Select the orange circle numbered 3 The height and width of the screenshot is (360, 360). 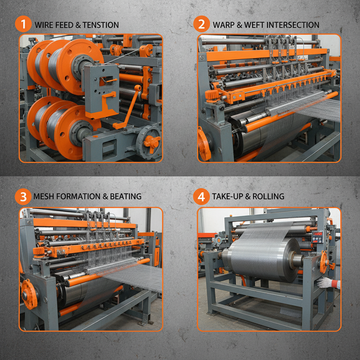23,196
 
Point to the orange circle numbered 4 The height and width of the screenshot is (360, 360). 201,196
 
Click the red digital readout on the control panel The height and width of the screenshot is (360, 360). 317,234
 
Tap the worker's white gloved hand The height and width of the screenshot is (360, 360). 325,282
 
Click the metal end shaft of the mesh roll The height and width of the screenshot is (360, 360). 297,260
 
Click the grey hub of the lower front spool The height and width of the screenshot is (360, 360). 78,132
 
